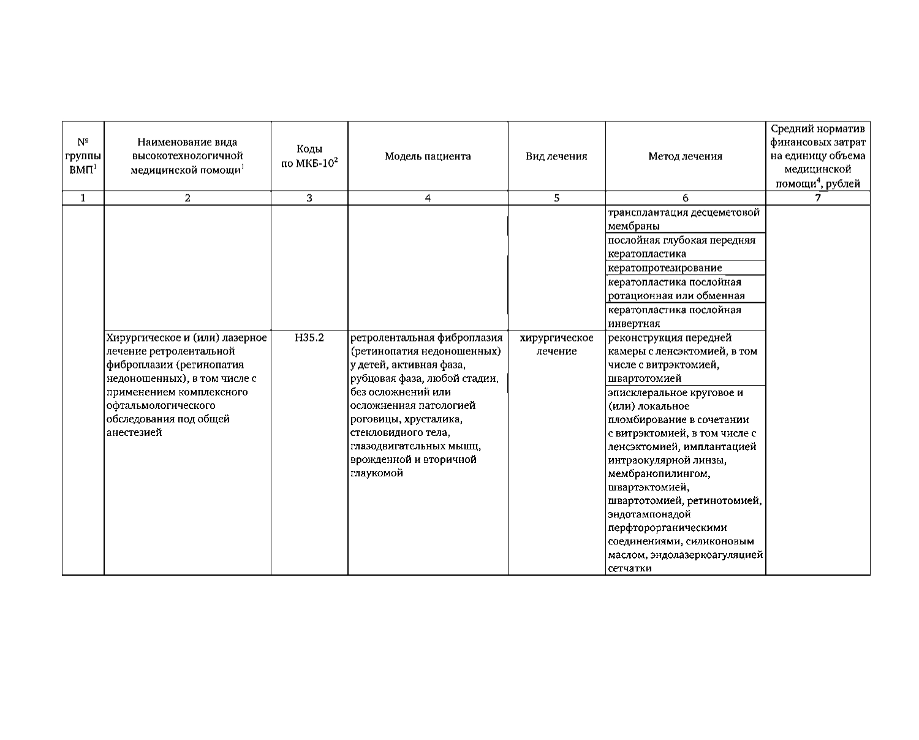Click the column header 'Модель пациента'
[x=428, y=156]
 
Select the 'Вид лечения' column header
[x=556, y=156]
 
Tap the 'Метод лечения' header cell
[x=685, y=156]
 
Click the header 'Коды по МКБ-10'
[x=309, y=156]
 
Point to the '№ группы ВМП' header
[x=83, y=156]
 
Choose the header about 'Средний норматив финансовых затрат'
[x=818, y=156]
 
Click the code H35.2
[x=309, y=338]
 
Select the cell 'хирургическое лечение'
[x=556, y=345]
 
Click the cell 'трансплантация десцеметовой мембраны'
[x=684, y=219]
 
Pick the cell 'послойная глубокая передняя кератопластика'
[x=681, y=247]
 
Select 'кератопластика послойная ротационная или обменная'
[x=676, y=289]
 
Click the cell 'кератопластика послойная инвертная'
[x=674, y=316]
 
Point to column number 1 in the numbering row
[x=83, y=198]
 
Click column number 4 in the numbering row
[x=428, y=198]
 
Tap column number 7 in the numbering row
[x=818, y=198]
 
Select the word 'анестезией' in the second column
[x=134, y=433]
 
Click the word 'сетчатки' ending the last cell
[x=629, y=568]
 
